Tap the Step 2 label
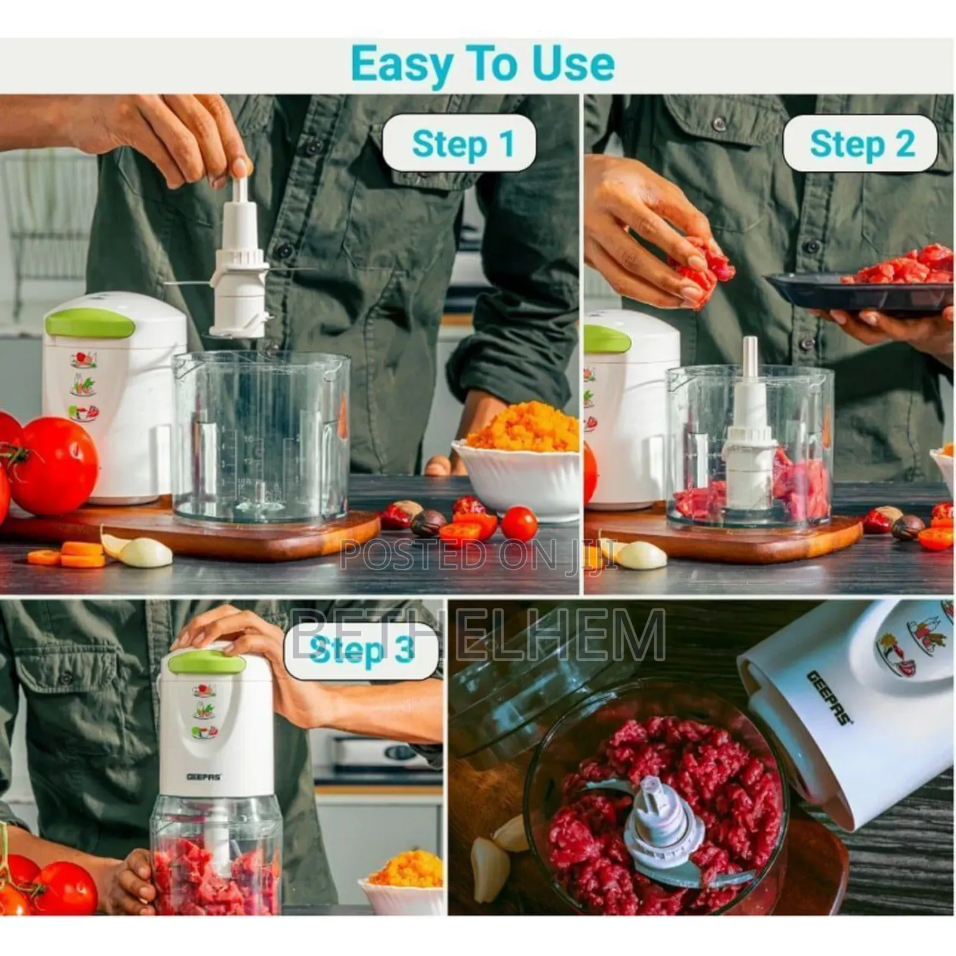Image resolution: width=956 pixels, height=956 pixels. click(x=861, y=144)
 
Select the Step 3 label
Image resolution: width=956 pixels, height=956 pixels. click(x=361, y=649)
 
